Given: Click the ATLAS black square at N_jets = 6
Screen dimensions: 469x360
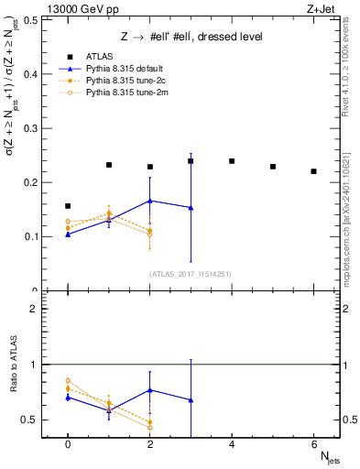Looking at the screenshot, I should (313, 171).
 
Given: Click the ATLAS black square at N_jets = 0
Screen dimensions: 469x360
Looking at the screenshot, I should (68, 206).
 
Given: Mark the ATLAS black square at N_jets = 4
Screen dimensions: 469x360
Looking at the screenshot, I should (232, 161).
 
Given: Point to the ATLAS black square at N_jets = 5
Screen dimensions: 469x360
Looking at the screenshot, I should (273, 167).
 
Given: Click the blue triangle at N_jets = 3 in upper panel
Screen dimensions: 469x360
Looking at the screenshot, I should (191, 208).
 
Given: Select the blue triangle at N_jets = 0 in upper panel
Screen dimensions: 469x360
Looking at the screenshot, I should (68, 234).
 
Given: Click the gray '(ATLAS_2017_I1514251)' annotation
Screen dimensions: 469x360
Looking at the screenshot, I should (191, 274).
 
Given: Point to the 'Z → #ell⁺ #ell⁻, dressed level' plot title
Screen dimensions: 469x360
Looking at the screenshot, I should (192, 37).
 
